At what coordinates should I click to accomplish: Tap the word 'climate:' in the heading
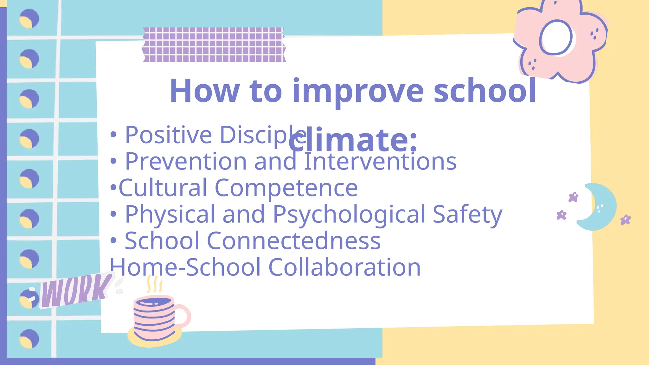353,140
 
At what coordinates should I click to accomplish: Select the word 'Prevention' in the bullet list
186,162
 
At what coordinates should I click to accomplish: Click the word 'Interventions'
380,162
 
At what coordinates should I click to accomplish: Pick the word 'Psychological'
349,215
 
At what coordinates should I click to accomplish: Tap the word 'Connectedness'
293,241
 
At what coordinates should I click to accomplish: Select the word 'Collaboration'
344,267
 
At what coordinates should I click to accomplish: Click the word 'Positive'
168,135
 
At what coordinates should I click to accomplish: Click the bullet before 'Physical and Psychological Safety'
113,214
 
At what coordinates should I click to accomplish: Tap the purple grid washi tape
214,45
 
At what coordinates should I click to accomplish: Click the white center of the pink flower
556,37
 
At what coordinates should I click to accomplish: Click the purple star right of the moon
626,220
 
